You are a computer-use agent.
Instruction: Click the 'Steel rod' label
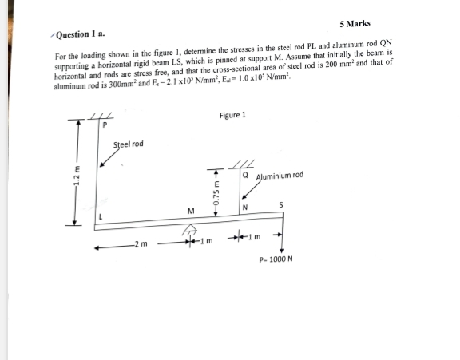click(129, 144)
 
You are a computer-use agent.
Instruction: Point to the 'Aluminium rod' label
click(280, 176)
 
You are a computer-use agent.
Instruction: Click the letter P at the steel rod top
click(104, 127)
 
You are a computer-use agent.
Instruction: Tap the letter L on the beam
click(101, 216)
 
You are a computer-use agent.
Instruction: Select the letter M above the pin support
click(190, 212)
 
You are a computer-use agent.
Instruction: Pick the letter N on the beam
click(245, 209)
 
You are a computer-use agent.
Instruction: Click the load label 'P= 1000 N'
click(276, 260)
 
